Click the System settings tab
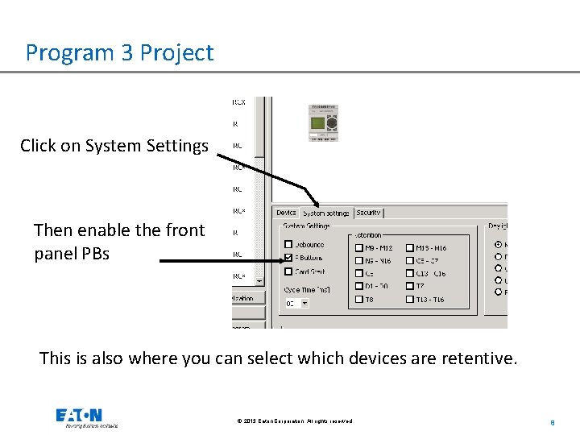pyautogui.click(x=326, y=213)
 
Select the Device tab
pyautogui.click(x=286, y=213)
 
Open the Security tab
pyautogui.click(x=368, y=213)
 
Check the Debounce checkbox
pyautogui.click(x=288, y=245)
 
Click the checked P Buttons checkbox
pyautogui.click(x=288, y=259)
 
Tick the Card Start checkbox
pyautogui.click(x=288, y=272)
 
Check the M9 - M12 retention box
pyautogui.click(x=358, y=248)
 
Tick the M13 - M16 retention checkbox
pyautogui.click(x=409, y=248)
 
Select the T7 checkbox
pyautogui.click(x=409, y=286)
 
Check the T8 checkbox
pyautogui.click(x=358, y=300)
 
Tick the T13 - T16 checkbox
pyautogui.click(x=409, y=300)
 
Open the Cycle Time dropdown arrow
pyautogui.click(x=304, y=304)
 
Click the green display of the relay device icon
pyautogui.click(x=318, y=124)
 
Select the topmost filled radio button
pyautogui.click(x=499, y=244)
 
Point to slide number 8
pyautogui.click(x=552, y=421)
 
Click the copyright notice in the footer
pyautogui.click(x=295, y=421)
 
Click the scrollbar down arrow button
pyautogui.click(x=259, y=281)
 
